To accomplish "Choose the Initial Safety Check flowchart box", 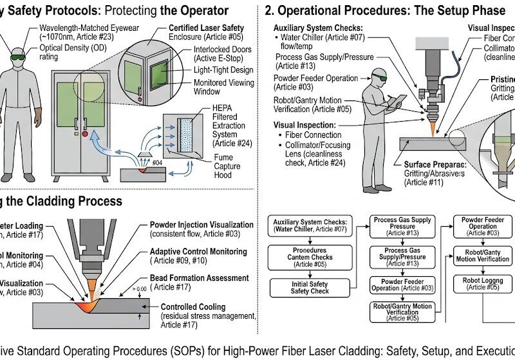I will coord(305,287).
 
